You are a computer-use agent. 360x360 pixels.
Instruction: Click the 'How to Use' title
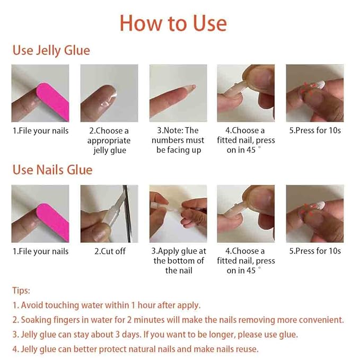point(173,23)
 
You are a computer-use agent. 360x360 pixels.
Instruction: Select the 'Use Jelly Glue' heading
point(51,50)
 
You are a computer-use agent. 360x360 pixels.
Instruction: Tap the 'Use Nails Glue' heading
point(52,170)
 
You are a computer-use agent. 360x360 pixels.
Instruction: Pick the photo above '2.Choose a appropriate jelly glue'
point(109,93)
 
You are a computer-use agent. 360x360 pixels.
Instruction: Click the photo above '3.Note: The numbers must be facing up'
point(178,93)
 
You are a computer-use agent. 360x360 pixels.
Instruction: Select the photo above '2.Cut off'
point(109,214)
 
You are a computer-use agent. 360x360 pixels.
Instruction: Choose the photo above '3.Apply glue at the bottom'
point(178,214)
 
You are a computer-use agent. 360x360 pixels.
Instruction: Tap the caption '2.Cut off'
point(110,251)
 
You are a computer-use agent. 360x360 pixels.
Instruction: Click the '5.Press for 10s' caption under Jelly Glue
point(315,130)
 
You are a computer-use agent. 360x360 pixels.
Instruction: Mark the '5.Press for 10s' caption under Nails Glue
point(315,251)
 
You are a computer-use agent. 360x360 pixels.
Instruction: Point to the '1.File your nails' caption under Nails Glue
point(40,251)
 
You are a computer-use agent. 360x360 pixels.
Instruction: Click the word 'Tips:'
point(21,291)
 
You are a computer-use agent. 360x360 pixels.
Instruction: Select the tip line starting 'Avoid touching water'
point(106,305)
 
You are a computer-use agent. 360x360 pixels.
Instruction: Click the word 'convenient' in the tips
point(321,320)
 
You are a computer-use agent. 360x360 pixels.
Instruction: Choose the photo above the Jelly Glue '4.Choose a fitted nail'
point(246,93)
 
